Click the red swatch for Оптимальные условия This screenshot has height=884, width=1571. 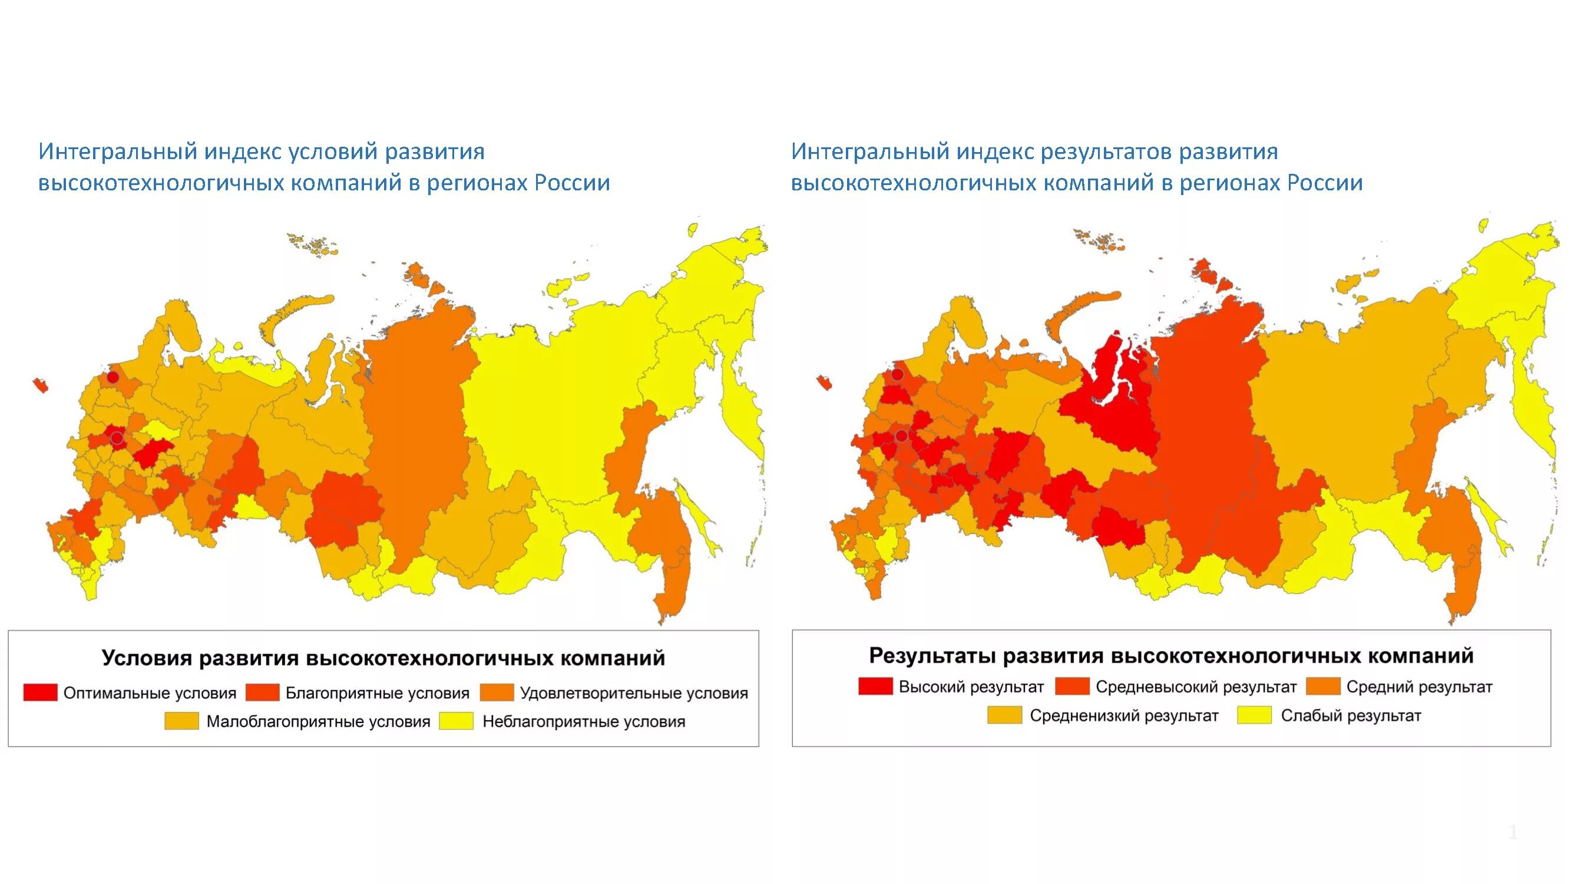(40, 692)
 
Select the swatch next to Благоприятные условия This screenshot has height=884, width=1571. (262, 692)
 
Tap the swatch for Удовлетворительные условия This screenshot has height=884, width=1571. (497, 692)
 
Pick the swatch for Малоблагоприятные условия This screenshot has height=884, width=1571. (182, 721)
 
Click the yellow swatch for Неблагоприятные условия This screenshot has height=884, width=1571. (457, 721)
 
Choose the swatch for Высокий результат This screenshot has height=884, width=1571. (875, 687)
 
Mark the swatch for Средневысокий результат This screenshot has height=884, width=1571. (1072, 687)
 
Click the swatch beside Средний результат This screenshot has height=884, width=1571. (1323, 687)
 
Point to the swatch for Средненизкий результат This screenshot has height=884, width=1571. (1004, 715)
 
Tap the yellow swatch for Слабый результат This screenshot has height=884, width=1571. (1255, 715)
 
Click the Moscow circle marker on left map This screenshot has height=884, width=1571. (117, 438)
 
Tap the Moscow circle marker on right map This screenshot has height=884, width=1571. (901, 436)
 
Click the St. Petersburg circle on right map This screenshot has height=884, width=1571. (897, 375)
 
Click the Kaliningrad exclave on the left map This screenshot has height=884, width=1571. (41, 385)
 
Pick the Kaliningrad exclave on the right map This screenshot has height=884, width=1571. (824, 382)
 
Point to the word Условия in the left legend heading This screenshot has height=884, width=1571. (146, 658)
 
